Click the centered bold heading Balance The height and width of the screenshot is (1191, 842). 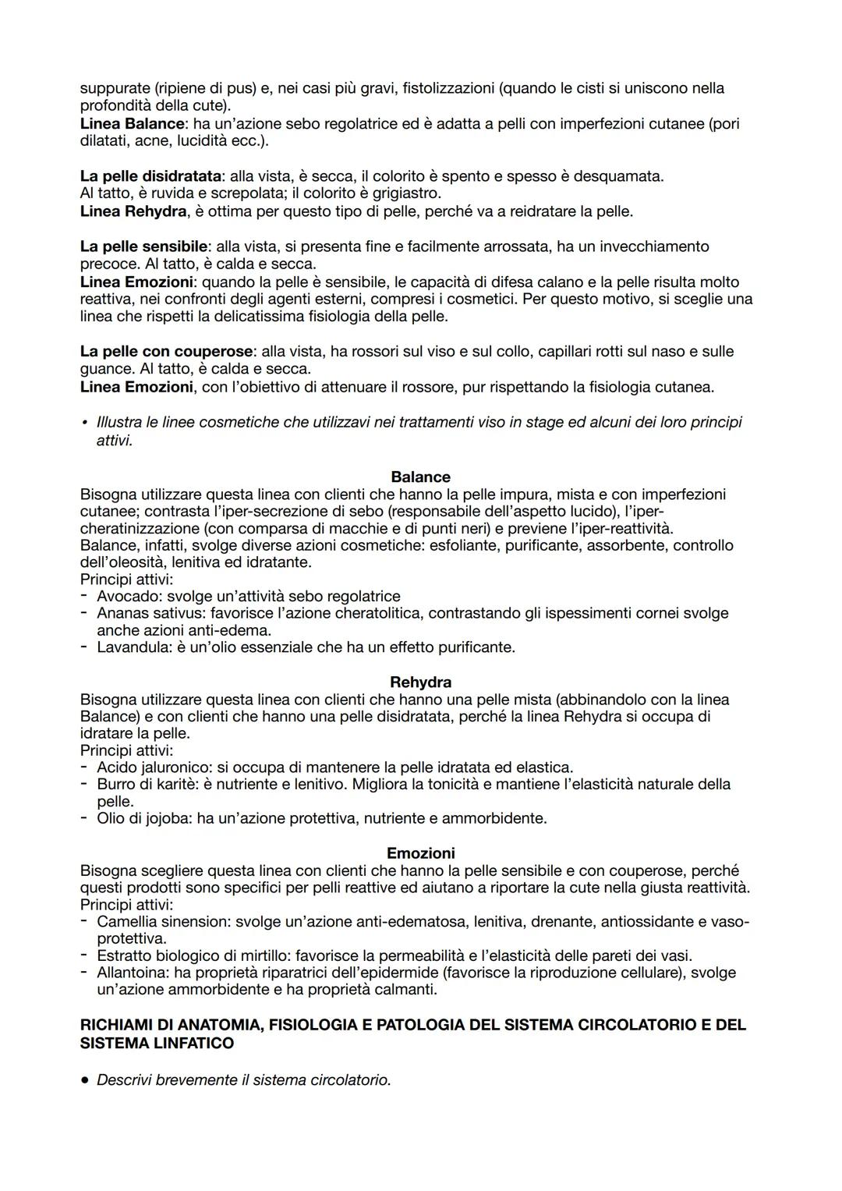coord(420,477)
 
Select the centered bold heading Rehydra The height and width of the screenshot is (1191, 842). coord(420,682)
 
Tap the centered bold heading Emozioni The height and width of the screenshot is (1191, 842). coord(420,853)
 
